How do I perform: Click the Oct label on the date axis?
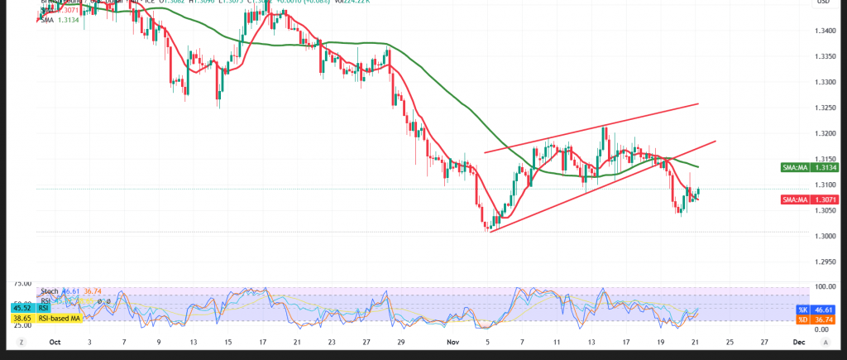[55, 341]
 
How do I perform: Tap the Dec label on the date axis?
[799, 341]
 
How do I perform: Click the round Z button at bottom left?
[20, 341]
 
